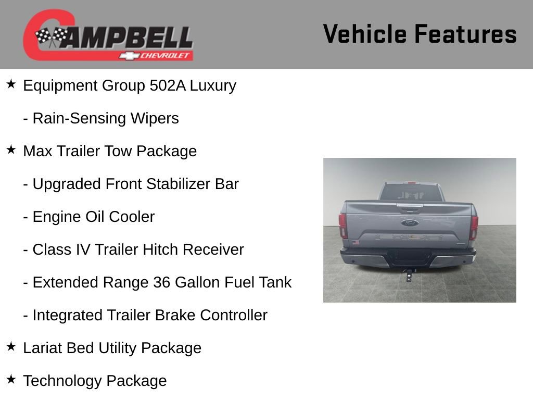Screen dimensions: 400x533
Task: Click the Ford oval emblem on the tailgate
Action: [x=409, y=223]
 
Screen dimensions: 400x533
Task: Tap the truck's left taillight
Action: [x=343, y=226]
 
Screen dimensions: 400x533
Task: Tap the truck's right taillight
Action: [x=474, y=227]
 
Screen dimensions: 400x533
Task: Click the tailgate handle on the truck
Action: [x=409, y=207]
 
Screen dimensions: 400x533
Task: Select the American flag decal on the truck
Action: [x=356, y=242]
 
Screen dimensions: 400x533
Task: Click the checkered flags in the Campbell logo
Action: [x=51, y=36]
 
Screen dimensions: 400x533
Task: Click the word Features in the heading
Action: [x=465, y=34]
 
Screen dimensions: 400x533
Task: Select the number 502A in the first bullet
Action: [x=168, y=85]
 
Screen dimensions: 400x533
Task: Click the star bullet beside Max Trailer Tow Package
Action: [x=11, y=150]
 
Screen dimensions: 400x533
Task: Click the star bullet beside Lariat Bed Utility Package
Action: [x=11, y=347]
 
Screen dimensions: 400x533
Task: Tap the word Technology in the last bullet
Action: [x=63, y=381]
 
